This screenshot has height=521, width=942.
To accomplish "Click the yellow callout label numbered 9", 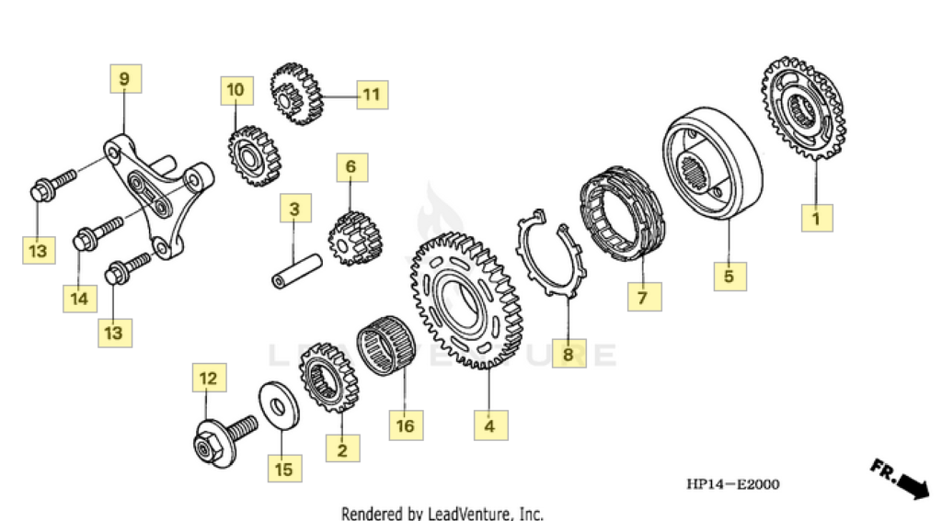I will tap(125, 79).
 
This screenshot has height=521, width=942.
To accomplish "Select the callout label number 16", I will tap(406, 425).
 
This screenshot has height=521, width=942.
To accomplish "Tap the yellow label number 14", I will tap(79, 298).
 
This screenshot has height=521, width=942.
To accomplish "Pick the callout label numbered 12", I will tap(209, 378).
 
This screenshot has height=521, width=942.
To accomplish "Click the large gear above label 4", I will tap(465, 298).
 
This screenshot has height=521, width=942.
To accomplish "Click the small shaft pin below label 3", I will tap(295, 268).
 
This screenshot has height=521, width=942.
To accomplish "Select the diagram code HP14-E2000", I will tap(731, 484).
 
